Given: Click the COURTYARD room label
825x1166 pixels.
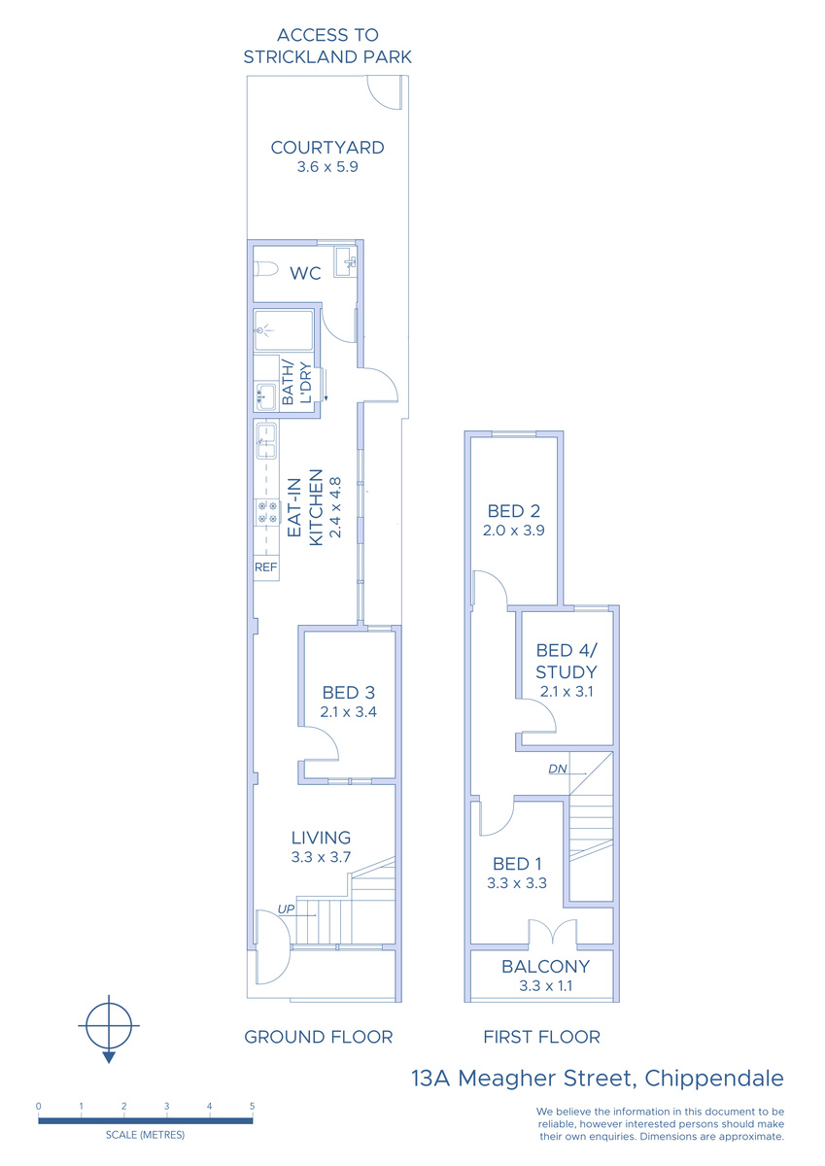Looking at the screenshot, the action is point(327,148).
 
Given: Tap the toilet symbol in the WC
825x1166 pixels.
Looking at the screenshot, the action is point(265,270).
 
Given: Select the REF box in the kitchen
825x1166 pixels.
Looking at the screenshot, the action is point(266,567).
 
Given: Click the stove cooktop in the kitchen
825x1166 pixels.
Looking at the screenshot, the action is point(267,512).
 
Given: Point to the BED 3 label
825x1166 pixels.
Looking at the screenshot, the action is point(348,692).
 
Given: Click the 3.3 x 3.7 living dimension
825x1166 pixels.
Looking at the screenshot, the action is point(321,856).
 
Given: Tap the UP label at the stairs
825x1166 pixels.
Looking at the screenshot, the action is point(287,909).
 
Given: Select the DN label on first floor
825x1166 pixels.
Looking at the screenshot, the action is point(558,769).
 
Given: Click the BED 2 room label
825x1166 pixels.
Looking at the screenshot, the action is point(513,511).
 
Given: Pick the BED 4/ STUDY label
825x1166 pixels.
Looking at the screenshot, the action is point(567,661).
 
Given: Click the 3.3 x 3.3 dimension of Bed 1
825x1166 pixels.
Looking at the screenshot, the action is point(517,883).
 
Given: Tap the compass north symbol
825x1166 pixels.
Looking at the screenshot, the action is point(109,1027).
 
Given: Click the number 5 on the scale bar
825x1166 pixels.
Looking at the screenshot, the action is point(252,1106).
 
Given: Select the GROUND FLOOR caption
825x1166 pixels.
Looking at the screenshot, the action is point(319,1037).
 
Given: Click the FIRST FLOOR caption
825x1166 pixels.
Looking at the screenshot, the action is point(542,1037).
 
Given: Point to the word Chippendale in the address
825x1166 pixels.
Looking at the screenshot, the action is point(714,1080).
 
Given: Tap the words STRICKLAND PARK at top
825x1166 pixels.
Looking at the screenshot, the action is point(327,56).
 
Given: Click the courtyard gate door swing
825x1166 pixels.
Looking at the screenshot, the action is point(385,92).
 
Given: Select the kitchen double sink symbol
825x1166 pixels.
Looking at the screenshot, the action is point(266,441).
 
